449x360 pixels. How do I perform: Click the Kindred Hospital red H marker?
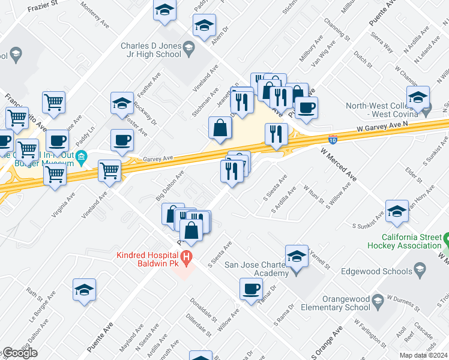click(x=186, y=259)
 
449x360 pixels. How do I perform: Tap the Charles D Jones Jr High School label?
click(x=151, y=50)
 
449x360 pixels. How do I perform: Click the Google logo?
click(x=19, y=353)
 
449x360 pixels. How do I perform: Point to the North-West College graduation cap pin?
click(x=418, y=97)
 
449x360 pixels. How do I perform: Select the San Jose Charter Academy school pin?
click(x=297, y=256)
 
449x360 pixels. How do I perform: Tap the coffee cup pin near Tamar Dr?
click(x=251, y=289)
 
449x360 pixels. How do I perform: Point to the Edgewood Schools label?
click(x=370, y=271)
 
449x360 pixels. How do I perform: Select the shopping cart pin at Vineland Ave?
click(x=110, y=170)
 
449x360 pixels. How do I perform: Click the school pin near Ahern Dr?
click(x=204, y=26)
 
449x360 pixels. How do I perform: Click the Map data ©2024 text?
click(x=423, y=355)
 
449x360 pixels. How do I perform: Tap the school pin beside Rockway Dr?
click(x=122, y=103)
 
